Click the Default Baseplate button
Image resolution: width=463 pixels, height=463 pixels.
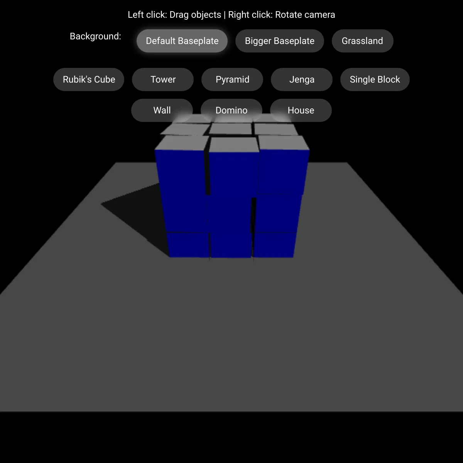tap(182, 41)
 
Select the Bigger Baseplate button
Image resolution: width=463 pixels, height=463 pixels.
tap(279, 41)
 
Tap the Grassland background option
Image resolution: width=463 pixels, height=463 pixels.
tap(362, 41)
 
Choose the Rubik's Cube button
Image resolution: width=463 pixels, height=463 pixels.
tap(89, 79)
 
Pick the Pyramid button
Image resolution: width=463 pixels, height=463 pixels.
tap(232, 79)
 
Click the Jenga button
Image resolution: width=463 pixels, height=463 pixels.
tap(302, 79)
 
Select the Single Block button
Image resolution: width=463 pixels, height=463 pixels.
tap(375, 79)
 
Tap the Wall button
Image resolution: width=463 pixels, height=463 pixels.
tap(162, 110)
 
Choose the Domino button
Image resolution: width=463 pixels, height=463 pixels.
tap(231, 110)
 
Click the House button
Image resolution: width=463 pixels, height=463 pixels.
tap(301, 110)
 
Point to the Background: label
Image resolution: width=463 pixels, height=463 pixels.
tap(95, 36)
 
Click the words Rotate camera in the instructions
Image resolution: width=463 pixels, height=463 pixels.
tap(305, 15)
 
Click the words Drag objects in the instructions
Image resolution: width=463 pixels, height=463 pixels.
tap(195, 15)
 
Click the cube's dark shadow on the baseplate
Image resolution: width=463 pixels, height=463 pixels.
tap(135, 211)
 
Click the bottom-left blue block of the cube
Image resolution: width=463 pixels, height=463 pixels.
tap(188, 245)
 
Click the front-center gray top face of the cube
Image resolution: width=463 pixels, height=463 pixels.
tap(234, 145)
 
